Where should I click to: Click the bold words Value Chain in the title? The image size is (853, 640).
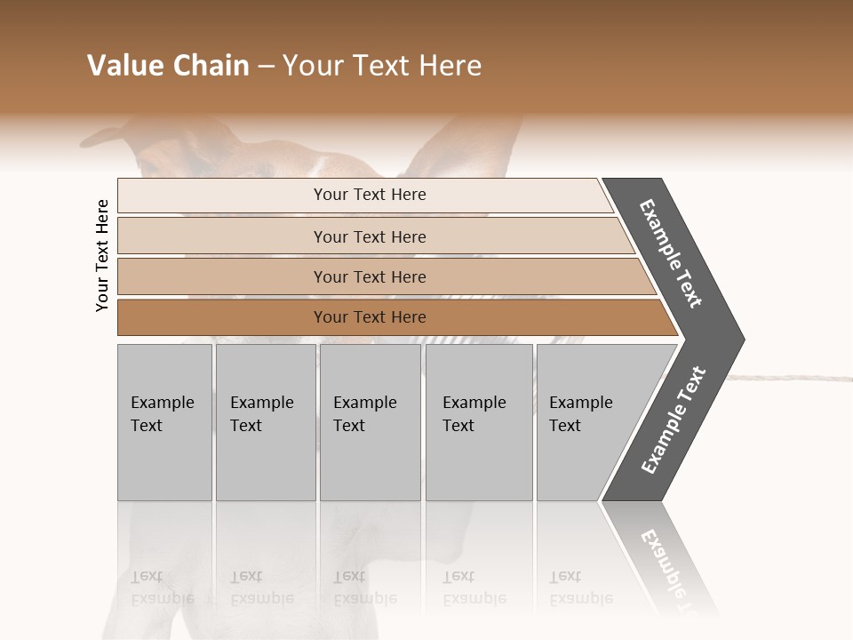click(168, 66)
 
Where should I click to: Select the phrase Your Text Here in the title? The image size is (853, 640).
click(382, 66)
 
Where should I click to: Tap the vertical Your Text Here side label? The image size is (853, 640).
click(102, 255)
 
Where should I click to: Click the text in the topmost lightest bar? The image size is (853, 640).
click(370, 195)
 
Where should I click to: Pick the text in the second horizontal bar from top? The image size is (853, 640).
click(370, 236)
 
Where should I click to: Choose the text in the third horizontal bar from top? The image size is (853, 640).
click(370, 276)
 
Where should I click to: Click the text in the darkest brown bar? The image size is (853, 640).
click(370, 316)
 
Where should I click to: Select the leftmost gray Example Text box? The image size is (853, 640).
click(164, 421)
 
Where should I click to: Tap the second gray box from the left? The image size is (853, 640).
click(265, 421)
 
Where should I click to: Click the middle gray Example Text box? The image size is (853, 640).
click(370, 421)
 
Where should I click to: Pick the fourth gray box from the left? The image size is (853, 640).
click(479, 421)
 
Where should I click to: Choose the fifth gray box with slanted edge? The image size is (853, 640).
click(586, 421)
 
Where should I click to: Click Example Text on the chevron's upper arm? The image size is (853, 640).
click(671, 253)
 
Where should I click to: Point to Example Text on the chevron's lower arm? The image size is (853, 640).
click(674, 420)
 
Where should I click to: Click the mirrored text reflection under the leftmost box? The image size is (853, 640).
click(163, 588)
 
